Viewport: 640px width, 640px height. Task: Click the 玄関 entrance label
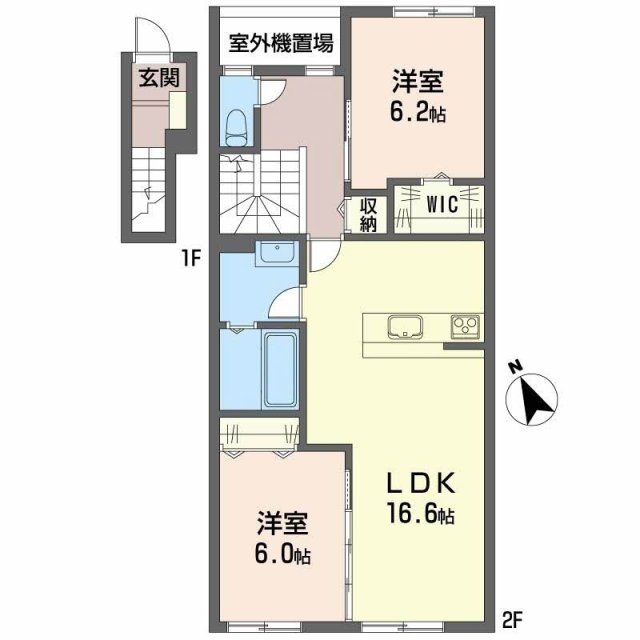pos(159,78)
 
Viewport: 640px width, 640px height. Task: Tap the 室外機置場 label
pos(280,43)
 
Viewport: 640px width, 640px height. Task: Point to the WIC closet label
pos(442,204)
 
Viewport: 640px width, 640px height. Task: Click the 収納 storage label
pos(368,216)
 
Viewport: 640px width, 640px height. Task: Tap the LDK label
pos(421,483)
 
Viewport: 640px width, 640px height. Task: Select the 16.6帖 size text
pos(421,514)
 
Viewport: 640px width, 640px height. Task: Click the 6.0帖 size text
pos(282,554)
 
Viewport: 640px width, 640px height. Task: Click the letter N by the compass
pos(517,367)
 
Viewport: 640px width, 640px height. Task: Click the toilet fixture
pos(237,128)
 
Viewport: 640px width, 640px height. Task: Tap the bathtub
pos(280,370)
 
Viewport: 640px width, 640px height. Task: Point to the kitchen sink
pos(405,327)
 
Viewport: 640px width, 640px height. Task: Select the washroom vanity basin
pos(277,253)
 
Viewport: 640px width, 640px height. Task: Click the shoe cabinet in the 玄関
pos(178,110)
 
